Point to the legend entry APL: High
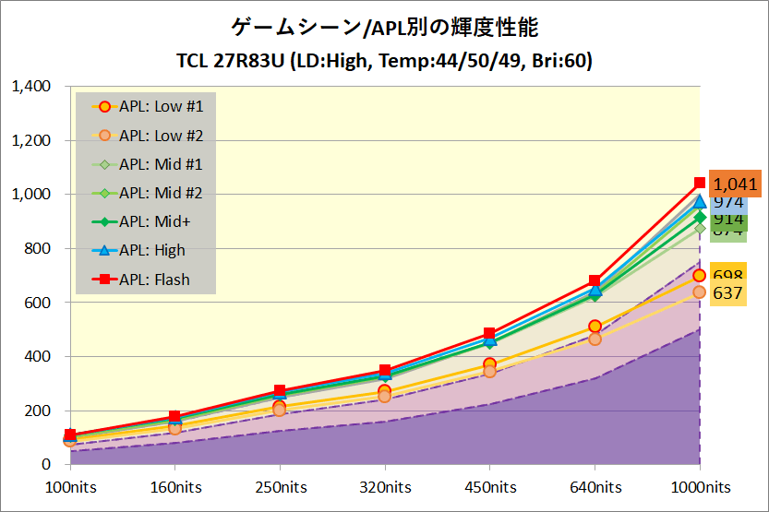[x=152, y=250]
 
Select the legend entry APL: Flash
[x=154, y=280]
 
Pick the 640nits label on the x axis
[x=595, y=487]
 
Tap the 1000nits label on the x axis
[x=700, y=487]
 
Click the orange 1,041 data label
[x=735, y=185]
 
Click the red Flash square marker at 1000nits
[x=700, y=183]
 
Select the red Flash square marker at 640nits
[x=595, y=280]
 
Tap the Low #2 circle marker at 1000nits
[x=700, y=292]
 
